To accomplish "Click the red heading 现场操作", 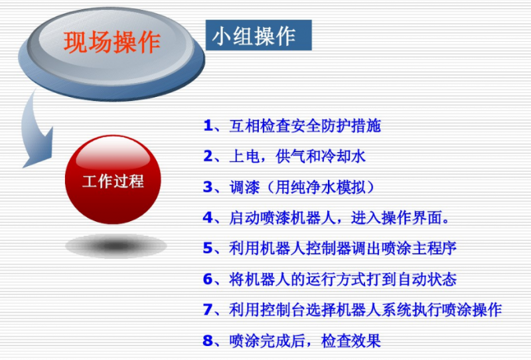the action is [112, 42].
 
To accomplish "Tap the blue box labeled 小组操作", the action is [259, 35].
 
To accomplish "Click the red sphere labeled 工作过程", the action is [113, 179].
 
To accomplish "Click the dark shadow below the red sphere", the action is [115, 246].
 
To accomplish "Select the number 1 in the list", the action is [208, 126].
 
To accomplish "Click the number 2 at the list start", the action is [208, 156].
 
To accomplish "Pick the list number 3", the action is [208, 187].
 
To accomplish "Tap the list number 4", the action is [208, 218].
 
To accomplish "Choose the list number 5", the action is [208, 248].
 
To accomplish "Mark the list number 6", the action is [208, 280].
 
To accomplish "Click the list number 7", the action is [208, 310].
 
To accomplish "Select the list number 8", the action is [208, 341].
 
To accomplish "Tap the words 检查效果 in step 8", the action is [351, 341].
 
